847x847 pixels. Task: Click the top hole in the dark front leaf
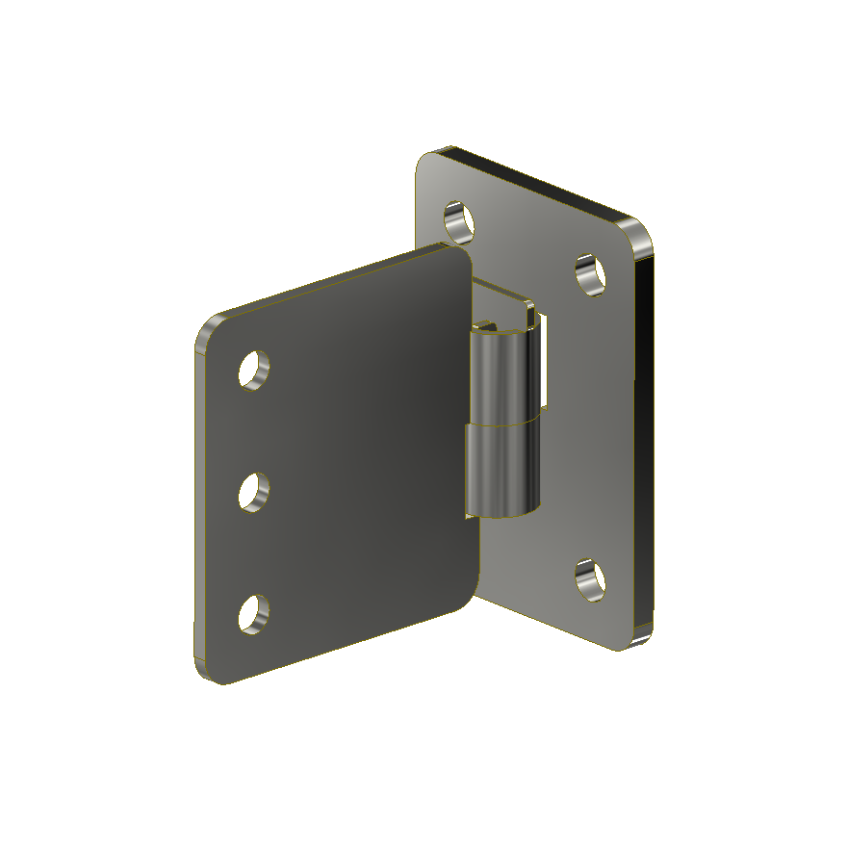[254, 370]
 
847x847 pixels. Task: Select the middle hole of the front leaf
[254, 492]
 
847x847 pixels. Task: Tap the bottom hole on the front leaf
[254, 614]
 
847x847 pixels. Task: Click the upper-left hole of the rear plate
[460, 220]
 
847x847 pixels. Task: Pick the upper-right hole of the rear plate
[591, 274]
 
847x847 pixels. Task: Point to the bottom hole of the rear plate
[590, 580]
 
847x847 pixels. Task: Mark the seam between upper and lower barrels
[500, 424]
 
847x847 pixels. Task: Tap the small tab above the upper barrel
[530, 312]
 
